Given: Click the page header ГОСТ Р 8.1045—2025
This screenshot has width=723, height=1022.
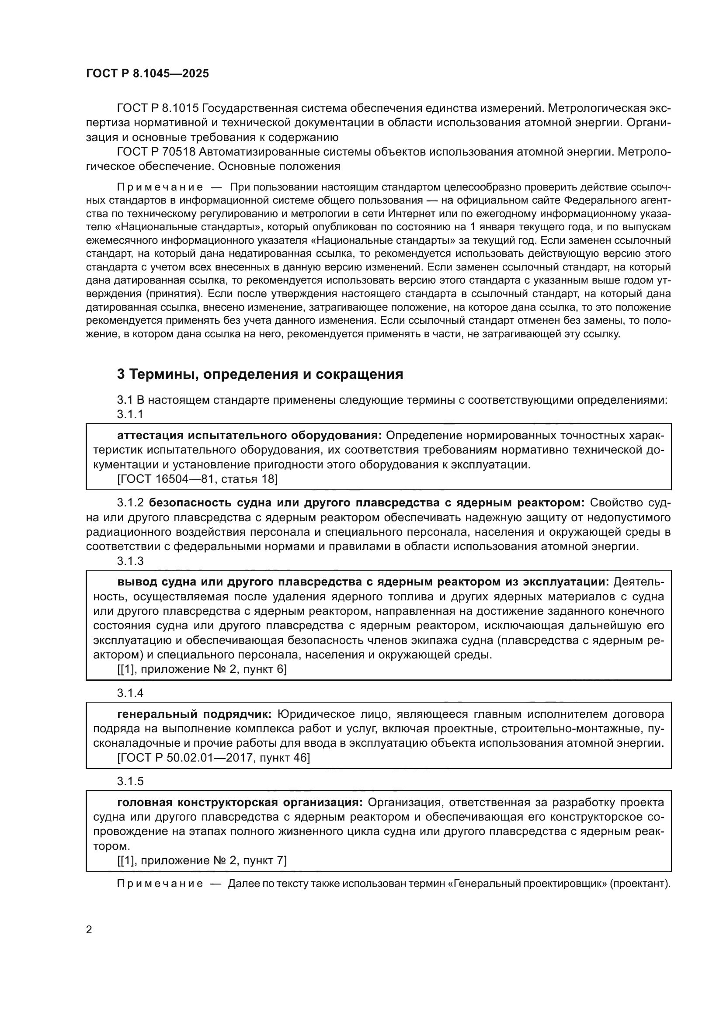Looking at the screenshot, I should [x=147, y=74].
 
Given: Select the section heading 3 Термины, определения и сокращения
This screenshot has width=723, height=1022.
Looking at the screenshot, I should [x=260, y=374].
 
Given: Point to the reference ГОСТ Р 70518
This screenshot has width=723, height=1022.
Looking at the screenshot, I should [x=156, y=152].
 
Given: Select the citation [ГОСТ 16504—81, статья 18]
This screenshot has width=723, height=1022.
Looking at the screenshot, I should [x=197, y=479].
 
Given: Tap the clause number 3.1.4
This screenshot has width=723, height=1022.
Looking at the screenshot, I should [x=130, y=693].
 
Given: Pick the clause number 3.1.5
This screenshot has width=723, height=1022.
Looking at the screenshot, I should [x=130, y=781].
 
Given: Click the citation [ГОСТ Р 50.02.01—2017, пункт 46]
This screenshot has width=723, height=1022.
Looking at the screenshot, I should [x=214, y=758].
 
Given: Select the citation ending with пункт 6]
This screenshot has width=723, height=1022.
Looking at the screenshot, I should [x=202, y=669].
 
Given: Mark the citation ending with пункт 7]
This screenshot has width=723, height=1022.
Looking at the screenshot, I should [x=202, y=861].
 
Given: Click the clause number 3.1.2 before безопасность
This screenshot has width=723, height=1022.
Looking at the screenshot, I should [x=130, y=503].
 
